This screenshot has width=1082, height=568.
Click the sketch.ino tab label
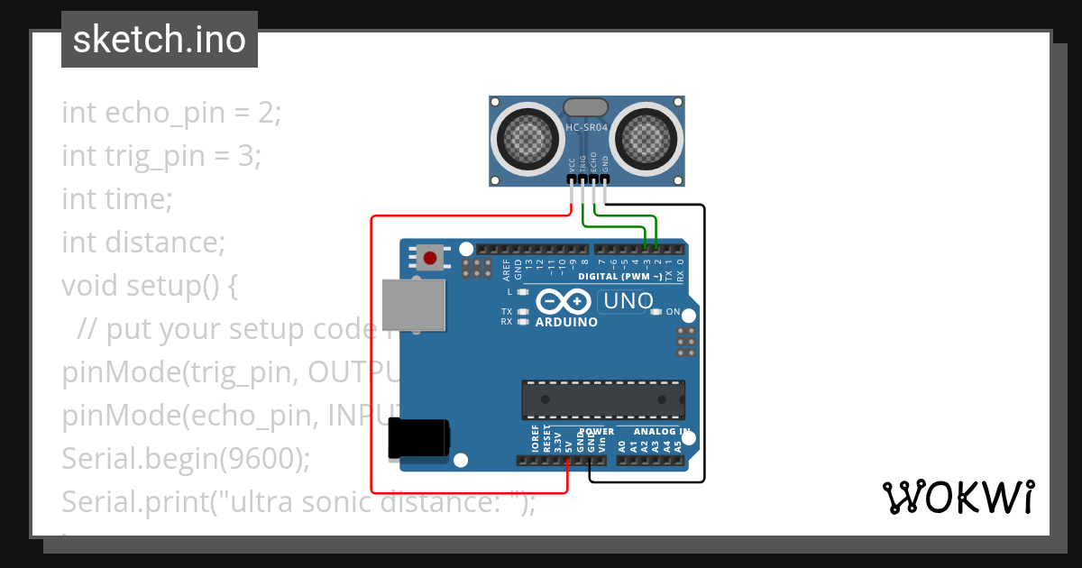click(160, 40)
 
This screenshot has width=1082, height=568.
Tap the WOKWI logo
click(958, 497)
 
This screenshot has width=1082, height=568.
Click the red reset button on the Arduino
click(430, 259)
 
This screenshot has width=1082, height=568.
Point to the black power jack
click(417, 440)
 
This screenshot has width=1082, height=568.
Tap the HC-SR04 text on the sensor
click(587, 127)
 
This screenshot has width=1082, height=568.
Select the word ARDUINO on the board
click(566, 322)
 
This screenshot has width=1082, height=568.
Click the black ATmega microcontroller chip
click(602, 399)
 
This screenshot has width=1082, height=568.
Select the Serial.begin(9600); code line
click(186, 458)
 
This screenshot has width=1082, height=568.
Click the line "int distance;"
click(142, 242)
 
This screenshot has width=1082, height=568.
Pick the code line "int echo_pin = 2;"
click(171, 113)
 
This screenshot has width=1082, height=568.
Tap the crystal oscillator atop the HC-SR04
click(586, 107)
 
